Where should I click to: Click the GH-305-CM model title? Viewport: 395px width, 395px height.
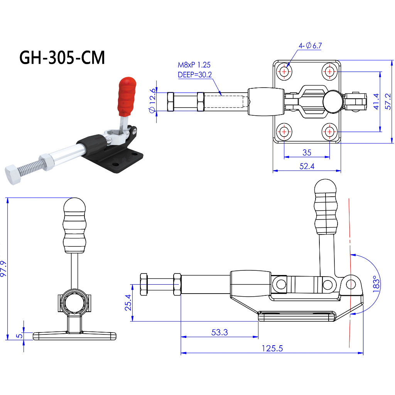click(x=62, y=57)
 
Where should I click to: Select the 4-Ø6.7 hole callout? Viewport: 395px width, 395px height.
click(x=310, y=46)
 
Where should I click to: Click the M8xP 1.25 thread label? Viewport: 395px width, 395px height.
click(x=194, y=65)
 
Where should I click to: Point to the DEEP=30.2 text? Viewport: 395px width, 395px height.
click(x=195, y=75)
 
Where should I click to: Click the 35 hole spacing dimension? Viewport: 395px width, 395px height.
click(x=307, y=153)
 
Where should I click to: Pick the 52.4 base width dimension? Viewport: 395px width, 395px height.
click(x=307, y=166)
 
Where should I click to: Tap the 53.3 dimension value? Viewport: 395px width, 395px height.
click(x=219, y=332)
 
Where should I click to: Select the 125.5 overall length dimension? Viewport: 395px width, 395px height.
click(x=272, y=348)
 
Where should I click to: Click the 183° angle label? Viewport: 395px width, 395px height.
click(x=377, y=285)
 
